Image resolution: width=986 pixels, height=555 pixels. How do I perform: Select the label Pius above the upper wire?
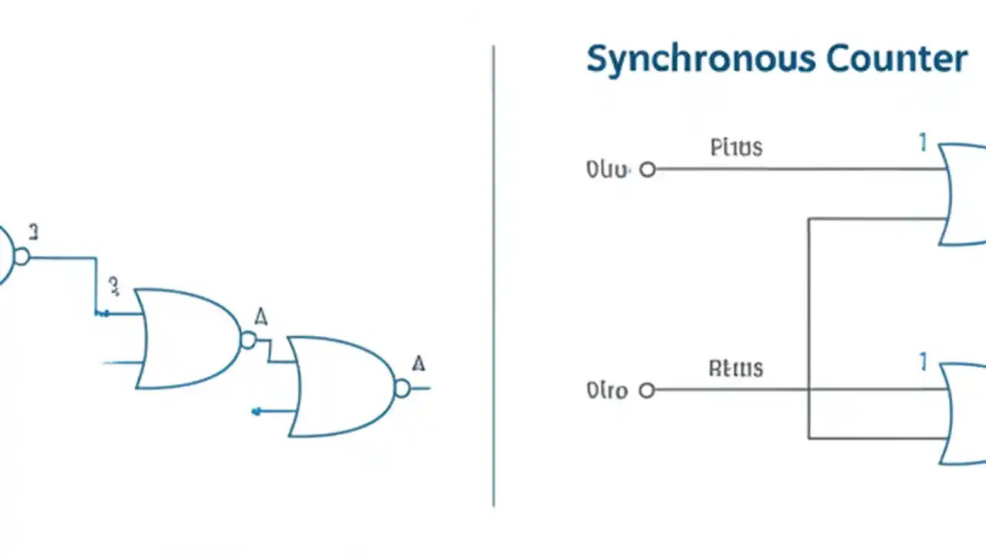[x=736, y=147]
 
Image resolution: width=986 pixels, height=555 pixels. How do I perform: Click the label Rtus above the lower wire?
[x=736, y=368]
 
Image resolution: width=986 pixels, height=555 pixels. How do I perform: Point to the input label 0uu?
[x=608, y=170]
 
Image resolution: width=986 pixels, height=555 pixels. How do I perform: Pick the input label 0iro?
[x=607, y=391]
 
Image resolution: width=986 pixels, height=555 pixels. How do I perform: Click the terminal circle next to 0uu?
[x=648, y=170]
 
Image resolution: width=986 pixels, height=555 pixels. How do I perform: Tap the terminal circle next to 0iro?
[x=647, y=391]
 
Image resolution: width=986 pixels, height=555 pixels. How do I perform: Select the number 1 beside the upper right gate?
[x=922, y=143]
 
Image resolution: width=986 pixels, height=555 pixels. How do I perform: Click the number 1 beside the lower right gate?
[x=922, y=362]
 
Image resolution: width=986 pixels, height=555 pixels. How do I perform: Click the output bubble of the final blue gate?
[x=402, y=388]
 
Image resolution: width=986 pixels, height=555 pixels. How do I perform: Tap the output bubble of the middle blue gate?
[x=247, y=340]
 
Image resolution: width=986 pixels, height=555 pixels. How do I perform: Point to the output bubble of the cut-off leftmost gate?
[x=22, y=256]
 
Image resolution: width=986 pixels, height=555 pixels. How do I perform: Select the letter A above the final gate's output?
[x=418, y=363]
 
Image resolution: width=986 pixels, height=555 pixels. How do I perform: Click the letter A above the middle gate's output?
[x=261, y=316]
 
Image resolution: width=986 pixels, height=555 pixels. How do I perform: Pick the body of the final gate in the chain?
[x=339, y=387]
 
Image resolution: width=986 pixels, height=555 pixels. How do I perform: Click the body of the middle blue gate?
[x=185, y=339]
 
